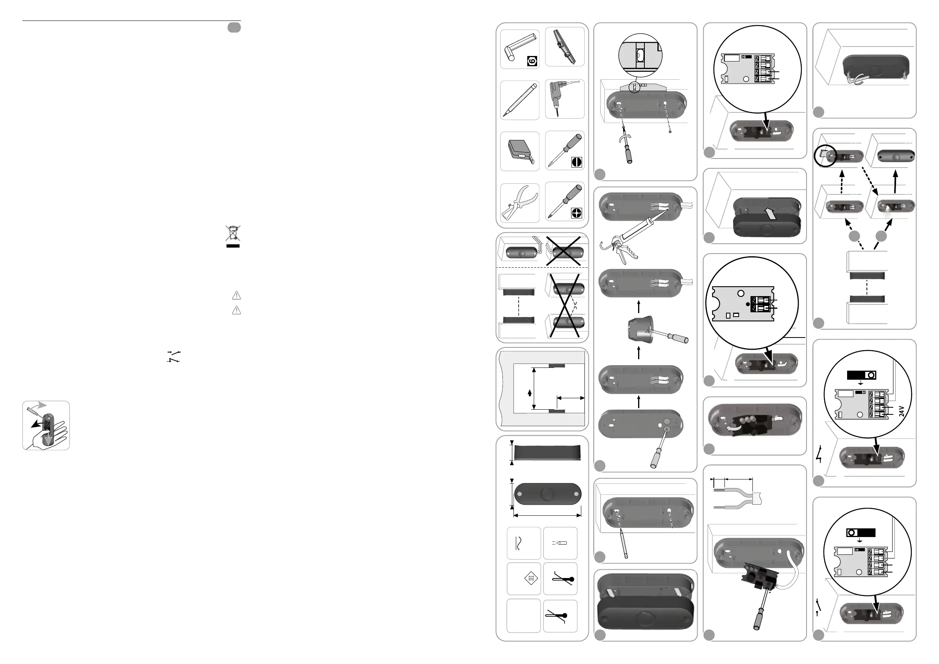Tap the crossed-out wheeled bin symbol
coord(233,236)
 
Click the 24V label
coord(902,411)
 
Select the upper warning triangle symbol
coord(236,295)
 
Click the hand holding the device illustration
coord(46,425)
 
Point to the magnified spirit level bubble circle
coord(640,55)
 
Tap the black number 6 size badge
coord(532,62)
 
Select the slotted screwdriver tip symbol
coord(577,162)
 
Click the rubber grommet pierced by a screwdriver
coord(640,329)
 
